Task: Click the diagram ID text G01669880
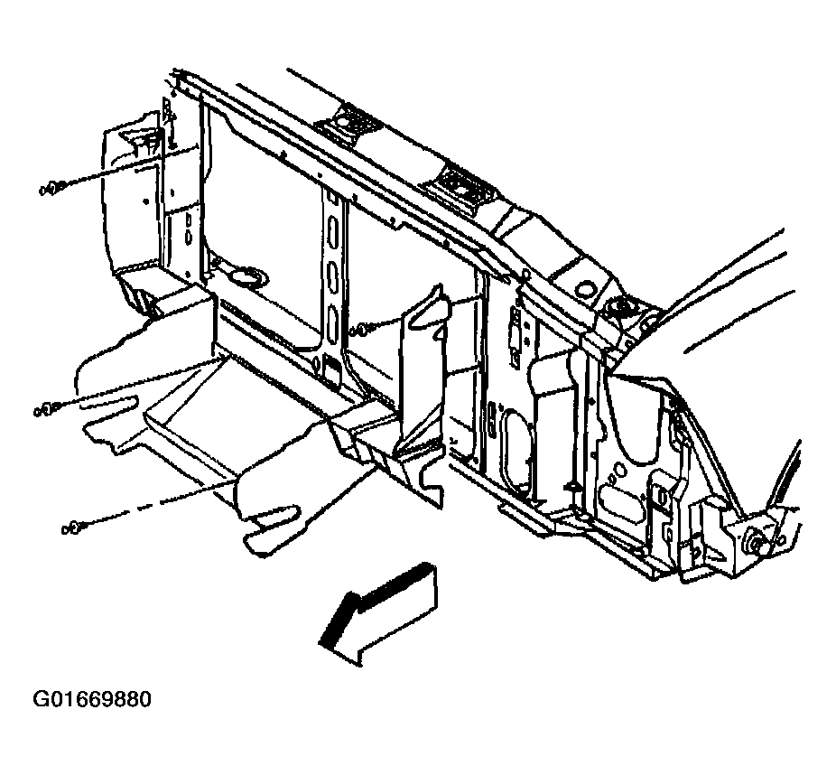92,699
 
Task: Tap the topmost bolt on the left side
53,188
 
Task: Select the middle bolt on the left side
48,410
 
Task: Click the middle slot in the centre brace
332,278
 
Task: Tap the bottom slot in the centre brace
332,323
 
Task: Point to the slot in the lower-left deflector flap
108,403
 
